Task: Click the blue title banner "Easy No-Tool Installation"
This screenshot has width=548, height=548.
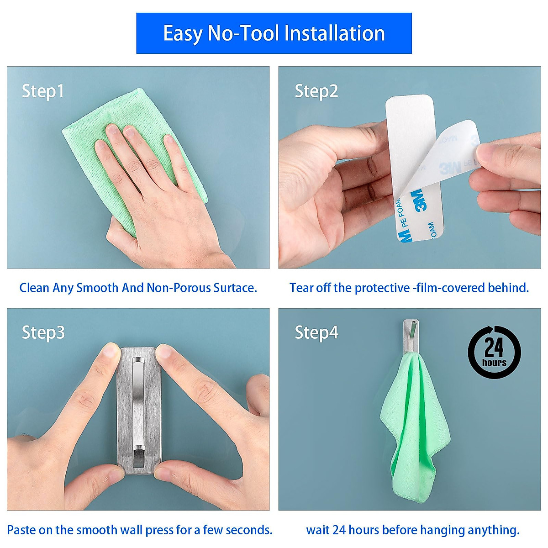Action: click(x=274, y=33)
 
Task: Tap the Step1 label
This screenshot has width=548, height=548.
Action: click(x=43, y=91)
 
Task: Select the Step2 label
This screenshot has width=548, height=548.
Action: click(x=316, y=91)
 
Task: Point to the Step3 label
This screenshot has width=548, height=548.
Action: click(x=43, y=332)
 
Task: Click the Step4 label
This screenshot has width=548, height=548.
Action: click(x=316, y=332)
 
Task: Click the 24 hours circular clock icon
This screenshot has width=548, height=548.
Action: click(x=494, y=352)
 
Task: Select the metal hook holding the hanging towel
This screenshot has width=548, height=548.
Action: click(x=411, y=336)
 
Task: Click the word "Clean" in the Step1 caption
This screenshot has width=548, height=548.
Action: click(x=34, y=288)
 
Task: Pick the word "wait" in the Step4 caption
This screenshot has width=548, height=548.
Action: click(x=317, y=530)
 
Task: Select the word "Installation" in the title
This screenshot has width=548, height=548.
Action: click(x=334, y=33)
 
